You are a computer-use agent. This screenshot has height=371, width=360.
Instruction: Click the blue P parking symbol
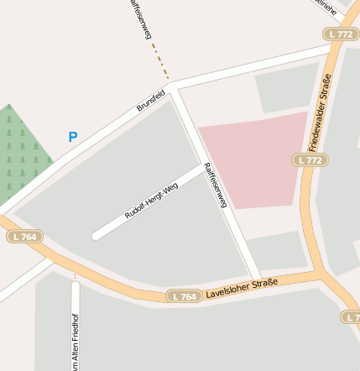pos(73,137)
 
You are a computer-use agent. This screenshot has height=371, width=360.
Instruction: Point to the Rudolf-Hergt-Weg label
pos(152,201)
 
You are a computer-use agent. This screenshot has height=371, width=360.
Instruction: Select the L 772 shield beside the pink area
pos(310,159)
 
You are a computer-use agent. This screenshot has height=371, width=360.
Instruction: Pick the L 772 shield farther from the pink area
pos(341,34)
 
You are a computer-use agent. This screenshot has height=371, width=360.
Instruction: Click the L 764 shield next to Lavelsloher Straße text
pos(183,296)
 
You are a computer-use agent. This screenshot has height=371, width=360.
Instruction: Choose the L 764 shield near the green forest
pos(25,237)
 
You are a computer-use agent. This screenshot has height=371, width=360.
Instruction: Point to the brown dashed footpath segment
pos(160,60)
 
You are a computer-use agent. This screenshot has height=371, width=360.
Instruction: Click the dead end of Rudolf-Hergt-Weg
pos(96,236)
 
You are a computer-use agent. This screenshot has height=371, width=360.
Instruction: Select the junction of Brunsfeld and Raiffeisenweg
pos(173,86)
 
